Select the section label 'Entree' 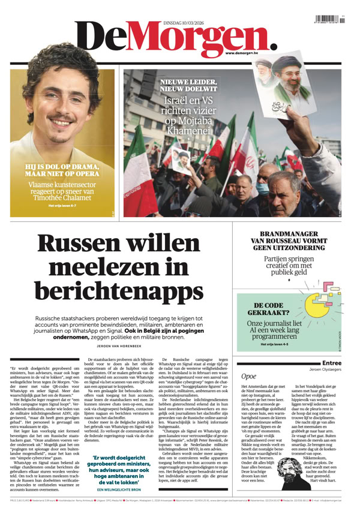click(331, 363)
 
